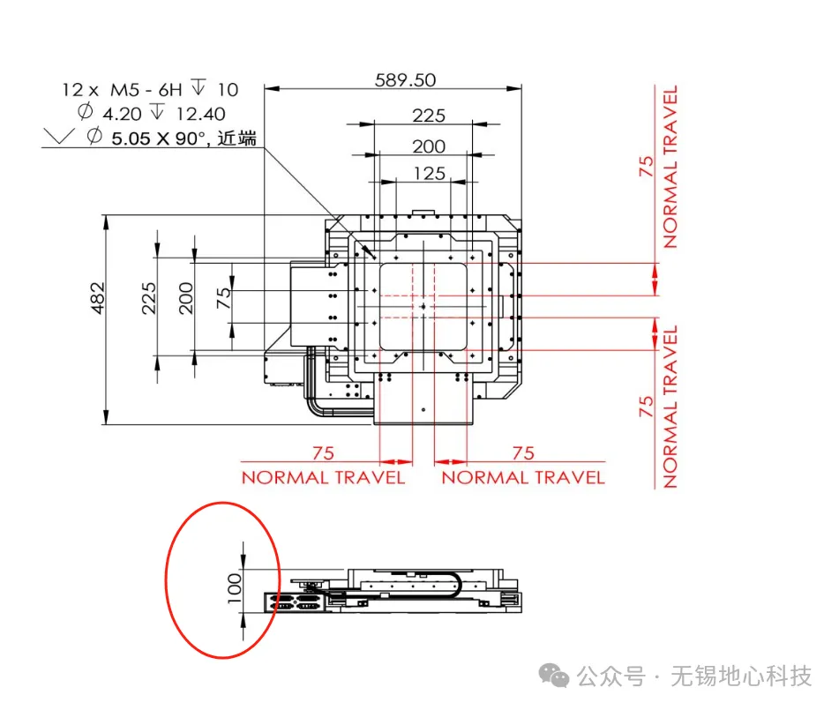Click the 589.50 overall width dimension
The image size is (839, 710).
405,80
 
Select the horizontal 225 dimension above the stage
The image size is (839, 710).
429,116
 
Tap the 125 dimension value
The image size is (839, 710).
429,174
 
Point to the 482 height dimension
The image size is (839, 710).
97,298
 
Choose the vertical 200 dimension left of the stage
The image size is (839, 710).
185,298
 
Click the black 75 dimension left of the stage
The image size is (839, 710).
224,297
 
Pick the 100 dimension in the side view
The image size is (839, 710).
235,588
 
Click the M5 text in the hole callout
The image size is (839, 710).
124,90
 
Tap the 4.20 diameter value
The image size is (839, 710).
122,114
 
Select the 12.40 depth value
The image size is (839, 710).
200,114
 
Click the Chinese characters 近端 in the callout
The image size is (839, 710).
237,138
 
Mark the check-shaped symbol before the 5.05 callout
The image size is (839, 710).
58,137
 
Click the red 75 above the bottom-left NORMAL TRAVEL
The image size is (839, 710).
323,453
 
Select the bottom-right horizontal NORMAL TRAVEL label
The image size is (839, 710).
523,477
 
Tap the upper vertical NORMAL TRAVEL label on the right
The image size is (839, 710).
670,167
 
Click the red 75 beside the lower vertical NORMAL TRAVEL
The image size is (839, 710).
647,407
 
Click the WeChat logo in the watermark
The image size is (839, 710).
554,676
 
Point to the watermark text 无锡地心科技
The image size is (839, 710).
741,676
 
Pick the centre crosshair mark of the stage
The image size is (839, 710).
423,307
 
